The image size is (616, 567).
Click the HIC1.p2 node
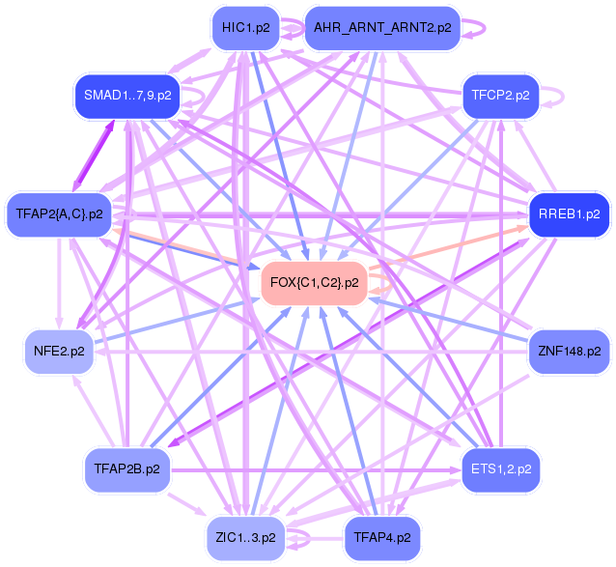pyautogui.click(x=245, y=28)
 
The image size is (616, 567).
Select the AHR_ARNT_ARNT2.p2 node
pyautogui.click(x=381, y=28)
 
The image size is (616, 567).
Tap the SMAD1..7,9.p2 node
pyautogui.click(x=126, y=95)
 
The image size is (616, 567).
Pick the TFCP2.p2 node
pyautogui.click(x=501, y=95)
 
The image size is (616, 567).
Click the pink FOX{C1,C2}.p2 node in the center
pyautogui.click(x=315, y=283)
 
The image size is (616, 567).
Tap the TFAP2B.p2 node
pyautogui.click(x=126, y=469)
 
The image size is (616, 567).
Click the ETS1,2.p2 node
pyautogui.click(x=500, y=469)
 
